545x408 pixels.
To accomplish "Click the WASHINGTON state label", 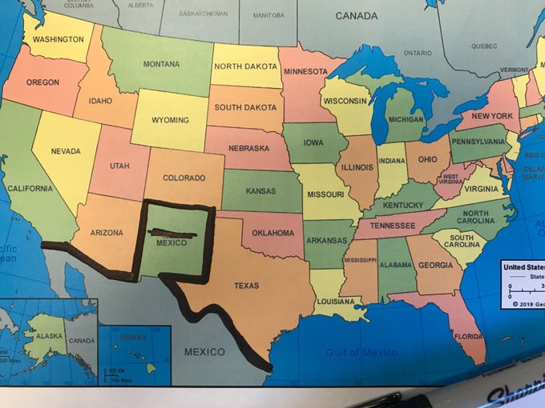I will pyautogui.click(x=59, y=39).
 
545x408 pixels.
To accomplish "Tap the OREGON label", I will pyautogui.click(x=42, y=82).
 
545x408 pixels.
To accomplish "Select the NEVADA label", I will pyautogui.click(x=66, y=151).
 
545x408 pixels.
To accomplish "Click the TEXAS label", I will pyautogui.click(x=246, y=286).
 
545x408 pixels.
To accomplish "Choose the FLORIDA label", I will pyautogui.click(x=468, y=337).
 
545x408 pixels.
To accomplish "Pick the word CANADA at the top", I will pyautogui.click(x=357, y=16).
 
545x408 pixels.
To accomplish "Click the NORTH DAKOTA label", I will pyautogui.click(x=245, y=66).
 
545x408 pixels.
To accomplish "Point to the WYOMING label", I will pyautogui.click(x=170, y=120).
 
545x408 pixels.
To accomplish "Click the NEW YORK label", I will pyautogui.click(x=491, y=117).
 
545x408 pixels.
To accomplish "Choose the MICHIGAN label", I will pyautogui.click(x=406, y=119).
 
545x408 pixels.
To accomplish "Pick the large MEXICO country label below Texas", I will pyautogui.click(x=204, y=352).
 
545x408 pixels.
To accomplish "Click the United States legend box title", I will pyautogui.click(x=524, y=268).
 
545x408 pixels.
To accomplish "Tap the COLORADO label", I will pyautogui.click(x=184, y=178).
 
